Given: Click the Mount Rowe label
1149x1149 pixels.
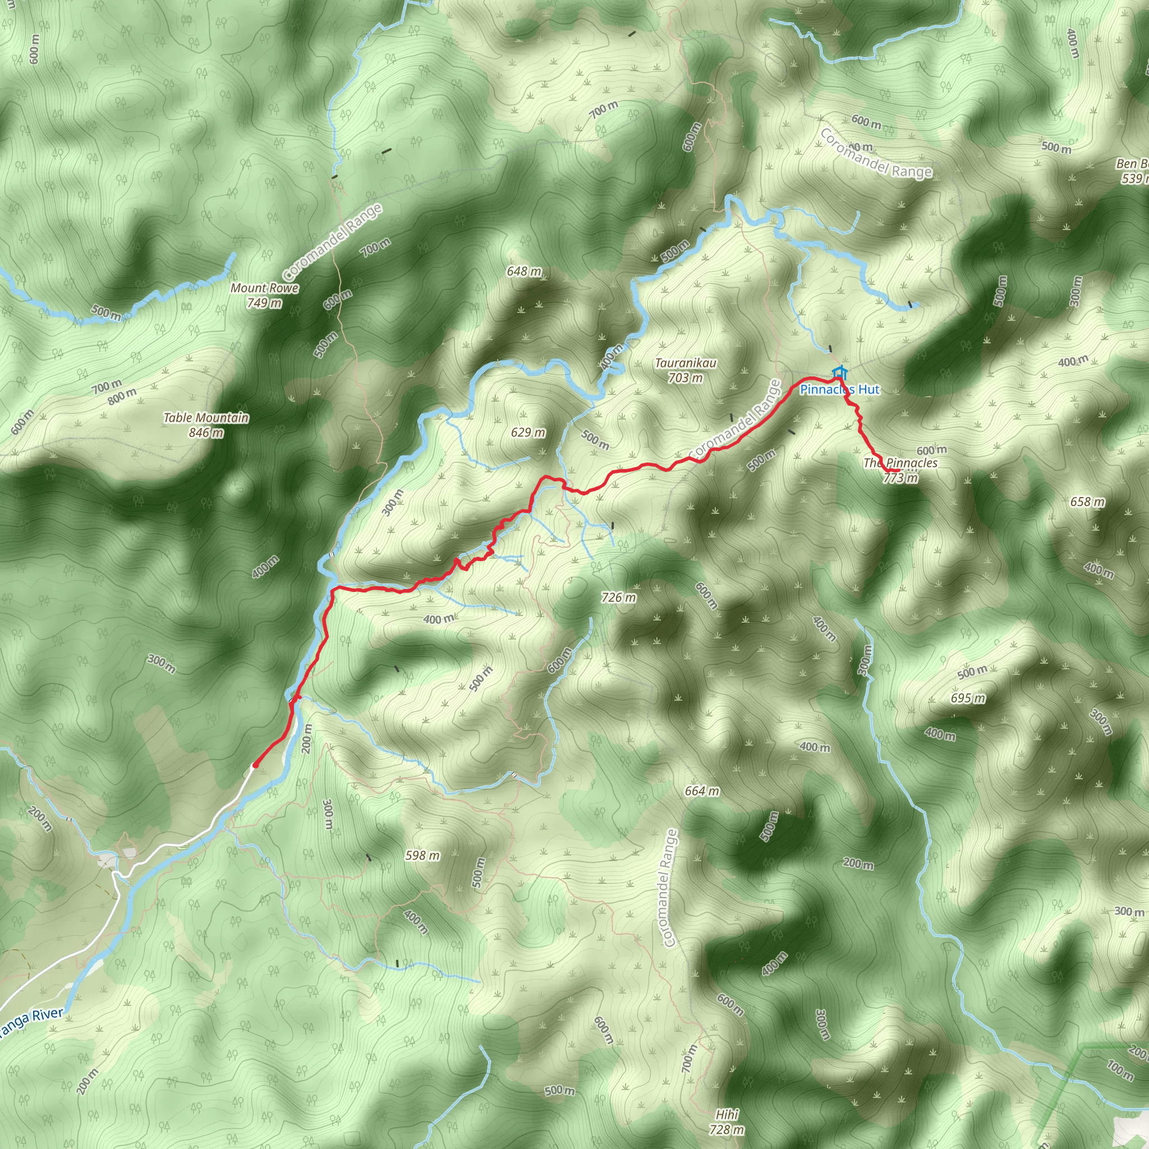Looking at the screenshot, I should click(x=264, y=288).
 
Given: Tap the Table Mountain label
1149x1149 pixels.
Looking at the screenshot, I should click(x=206, y=418).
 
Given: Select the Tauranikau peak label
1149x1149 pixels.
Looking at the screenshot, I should click(x=686, y=363).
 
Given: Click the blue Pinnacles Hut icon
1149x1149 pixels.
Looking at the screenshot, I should click(x=839, y=373).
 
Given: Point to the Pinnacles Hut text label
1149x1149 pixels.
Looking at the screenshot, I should click(x=839, y=390).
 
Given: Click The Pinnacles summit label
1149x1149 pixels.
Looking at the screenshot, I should click(x=900, y=463).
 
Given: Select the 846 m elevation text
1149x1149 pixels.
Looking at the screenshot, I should click(x=206, y=433).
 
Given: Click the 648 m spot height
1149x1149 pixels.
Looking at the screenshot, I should click(x=524, y=271).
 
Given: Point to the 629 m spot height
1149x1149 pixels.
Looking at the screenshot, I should click(x=527, y=433).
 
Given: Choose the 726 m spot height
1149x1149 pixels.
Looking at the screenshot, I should click(x=618, y=598).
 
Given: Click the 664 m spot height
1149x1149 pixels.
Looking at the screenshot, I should click(x=702, y=791).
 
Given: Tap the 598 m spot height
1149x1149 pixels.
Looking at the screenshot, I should click(x=422, y=855).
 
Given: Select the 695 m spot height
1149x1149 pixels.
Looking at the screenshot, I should click(x=968, y=698).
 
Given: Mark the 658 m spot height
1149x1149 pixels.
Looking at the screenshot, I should click(x=1088, y=502).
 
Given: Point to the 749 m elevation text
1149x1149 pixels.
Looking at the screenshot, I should click(x=264, y=304).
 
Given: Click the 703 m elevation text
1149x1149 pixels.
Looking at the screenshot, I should click(x=686, y=378).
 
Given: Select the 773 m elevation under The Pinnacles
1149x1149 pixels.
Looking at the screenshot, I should click(x=900, y=478).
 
